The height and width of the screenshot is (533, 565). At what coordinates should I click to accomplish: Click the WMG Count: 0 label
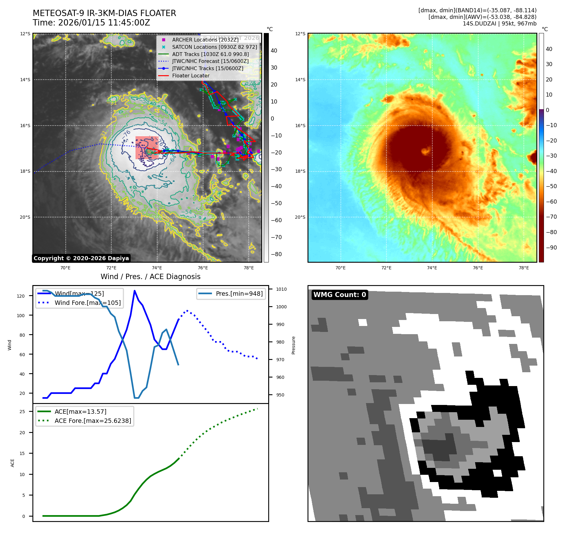(x=340, y=295)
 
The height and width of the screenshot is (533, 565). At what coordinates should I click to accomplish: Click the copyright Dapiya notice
(x=81, y=258)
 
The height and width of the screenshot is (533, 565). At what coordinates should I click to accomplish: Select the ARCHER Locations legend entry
(x=205, y=40)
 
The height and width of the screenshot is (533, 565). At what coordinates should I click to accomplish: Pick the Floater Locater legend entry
(x=191, y=76)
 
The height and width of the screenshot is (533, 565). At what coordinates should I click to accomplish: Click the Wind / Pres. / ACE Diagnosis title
(x=150, y=277)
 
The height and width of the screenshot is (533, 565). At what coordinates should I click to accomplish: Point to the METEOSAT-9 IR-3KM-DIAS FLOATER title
(x=104, y=13)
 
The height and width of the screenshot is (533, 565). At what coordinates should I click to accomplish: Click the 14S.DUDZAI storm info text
(x=499, y=24)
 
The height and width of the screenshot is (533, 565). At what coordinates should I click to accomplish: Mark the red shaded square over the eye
(x=147, y=148)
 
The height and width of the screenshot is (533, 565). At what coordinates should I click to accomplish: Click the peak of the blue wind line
(x=135, y=291)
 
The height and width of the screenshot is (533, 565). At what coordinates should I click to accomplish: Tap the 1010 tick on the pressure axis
(x=281, y=289)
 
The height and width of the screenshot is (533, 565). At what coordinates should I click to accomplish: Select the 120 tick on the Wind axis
(x=21, y=296)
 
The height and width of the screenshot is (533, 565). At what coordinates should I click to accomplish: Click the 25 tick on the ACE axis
(x=22, y=412)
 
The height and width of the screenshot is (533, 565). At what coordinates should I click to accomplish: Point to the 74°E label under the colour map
(x=432, y=268)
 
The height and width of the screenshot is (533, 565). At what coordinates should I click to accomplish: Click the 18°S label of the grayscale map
(x=25, y=171)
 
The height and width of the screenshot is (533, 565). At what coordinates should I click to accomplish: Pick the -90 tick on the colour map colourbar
(x=551, y=248)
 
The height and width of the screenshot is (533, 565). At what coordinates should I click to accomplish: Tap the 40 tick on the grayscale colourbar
(x=274, y=51)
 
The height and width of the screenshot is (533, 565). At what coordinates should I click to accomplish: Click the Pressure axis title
(x=293, y=345)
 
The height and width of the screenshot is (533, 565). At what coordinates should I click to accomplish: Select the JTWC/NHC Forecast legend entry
(x=210, y=61)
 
